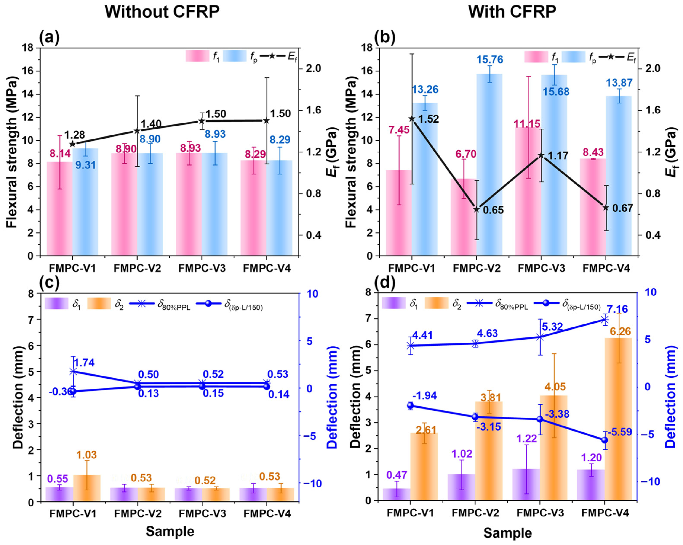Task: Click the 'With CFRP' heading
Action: pyautogui.click(x=512, y=12)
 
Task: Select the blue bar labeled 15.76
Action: pyautogui.click(x=489, y=165)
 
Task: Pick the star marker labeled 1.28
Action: pyautogui.click(x=73, y=144)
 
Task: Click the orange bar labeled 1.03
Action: pyautogui.click(x=87, y=488)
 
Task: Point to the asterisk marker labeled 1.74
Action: pyautogui.click(x=73, y=371)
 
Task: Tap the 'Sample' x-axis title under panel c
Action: pyautogui.click(x=170, y=531)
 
